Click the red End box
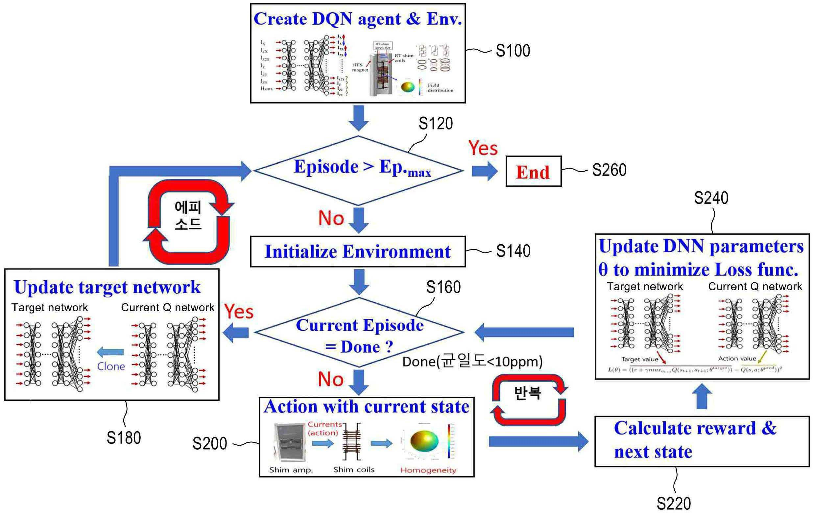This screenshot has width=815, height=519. (533, 172)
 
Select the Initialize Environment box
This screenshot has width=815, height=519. (357, 252)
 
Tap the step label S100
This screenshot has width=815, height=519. (513, 51)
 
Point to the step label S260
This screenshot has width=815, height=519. (609, 170)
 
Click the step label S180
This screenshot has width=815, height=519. (124, 437)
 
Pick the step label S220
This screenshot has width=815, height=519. (674, 504)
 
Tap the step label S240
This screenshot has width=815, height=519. (711, 198)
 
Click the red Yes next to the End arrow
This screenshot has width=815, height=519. (483, 148)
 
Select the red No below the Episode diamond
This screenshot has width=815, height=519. (331, 218)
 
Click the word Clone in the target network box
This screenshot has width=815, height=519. (111, 366)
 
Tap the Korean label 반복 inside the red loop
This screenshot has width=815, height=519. (528, 393)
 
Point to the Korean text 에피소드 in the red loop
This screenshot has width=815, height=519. (188, 215)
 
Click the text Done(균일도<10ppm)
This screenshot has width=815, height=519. (472, 362)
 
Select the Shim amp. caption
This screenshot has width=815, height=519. (291, 470)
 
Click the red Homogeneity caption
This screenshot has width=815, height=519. (428, 470)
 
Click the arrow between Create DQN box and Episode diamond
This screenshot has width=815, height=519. (359, 118)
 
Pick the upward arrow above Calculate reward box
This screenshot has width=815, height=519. (702, 396)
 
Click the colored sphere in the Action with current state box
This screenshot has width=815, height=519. (424, 441)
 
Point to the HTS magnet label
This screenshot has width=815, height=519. (359, 67)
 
